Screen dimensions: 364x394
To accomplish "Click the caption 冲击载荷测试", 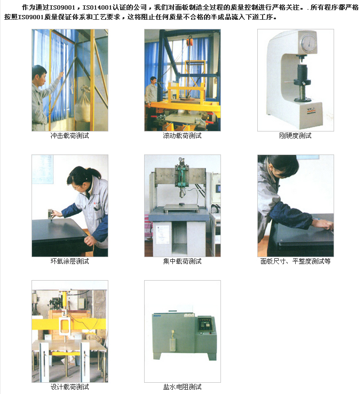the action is (70, 136).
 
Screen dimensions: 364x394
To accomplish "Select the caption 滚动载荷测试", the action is (183, 136).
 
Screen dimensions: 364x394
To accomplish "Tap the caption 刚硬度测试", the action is (295, 136).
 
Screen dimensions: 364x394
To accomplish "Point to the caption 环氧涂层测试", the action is (70, 261).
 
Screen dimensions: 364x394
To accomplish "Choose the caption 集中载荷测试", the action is (183, 261).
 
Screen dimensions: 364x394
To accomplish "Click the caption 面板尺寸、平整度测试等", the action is (296, 261).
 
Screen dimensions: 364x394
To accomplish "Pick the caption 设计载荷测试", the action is (70, 387).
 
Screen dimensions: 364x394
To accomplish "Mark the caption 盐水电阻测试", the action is (183, 387).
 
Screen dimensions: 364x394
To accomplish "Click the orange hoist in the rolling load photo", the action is (189, 41).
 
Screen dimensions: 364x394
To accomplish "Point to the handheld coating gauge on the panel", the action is (50, 214).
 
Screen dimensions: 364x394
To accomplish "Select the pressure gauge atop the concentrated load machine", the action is (180, 159).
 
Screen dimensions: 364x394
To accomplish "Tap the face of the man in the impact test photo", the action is (41, 79).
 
